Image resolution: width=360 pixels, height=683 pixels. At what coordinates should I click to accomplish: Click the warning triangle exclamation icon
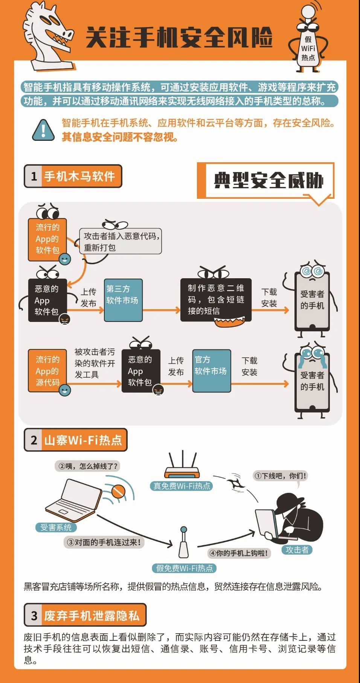point(43,130)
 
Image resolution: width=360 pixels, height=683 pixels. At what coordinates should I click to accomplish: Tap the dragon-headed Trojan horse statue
point(48,36)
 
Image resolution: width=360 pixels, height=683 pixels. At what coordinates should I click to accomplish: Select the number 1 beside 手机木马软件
point(34,176)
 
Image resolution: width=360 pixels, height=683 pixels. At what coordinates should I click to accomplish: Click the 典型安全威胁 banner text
point(269,181)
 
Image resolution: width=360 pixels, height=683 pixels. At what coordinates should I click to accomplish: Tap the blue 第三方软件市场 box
point(123,300)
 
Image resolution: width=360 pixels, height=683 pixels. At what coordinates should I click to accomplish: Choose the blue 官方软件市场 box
point(212,371)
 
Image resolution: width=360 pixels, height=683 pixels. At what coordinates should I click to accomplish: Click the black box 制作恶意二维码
point(216,300)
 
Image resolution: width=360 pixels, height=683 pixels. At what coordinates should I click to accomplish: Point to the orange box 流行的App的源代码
point(47,371)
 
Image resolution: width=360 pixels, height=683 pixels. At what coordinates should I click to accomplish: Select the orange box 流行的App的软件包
point(47,239)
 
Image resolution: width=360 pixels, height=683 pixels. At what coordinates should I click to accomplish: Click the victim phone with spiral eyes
point(312,297)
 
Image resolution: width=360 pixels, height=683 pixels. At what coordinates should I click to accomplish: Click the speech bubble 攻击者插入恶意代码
point(121,241)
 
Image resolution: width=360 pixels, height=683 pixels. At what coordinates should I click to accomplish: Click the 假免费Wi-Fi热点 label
point(185,568)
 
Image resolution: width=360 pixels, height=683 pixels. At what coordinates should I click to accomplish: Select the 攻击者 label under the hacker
point(297,550)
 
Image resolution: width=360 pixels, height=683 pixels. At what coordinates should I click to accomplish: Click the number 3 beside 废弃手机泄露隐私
point(34,616)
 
